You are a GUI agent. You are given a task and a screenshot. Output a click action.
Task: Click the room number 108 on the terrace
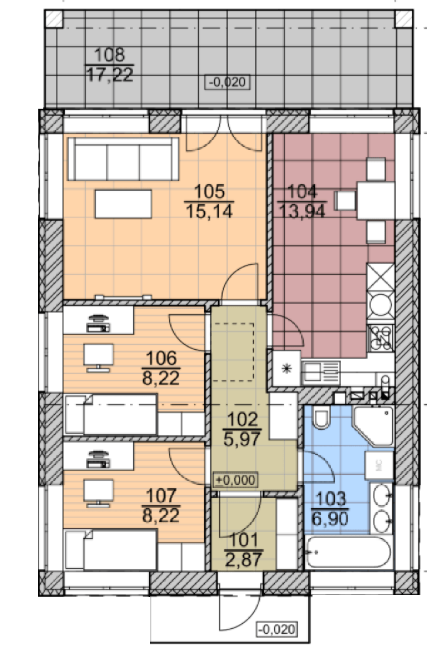click(x=109, y=55)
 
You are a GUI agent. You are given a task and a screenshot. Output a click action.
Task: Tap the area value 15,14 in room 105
click(x=209, y=211)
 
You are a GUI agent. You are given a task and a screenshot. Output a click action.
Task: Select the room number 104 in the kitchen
click(x=302, y=192)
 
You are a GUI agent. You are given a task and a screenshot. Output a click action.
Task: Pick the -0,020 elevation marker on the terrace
click(x=228, y=82)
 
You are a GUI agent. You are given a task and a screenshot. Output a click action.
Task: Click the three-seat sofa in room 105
click(x=123, y=159)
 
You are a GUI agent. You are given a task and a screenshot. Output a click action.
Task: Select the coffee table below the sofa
click(x=123, y=204)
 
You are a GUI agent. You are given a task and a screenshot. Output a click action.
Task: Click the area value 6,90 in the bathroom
click(x=330, y=519)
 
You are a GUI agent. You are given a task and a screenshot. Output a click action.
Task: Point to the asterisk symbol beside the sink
click(x=287, y=369)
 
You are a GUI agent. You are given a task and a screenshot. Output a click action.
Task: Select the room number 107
click(x=161, y=495)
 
